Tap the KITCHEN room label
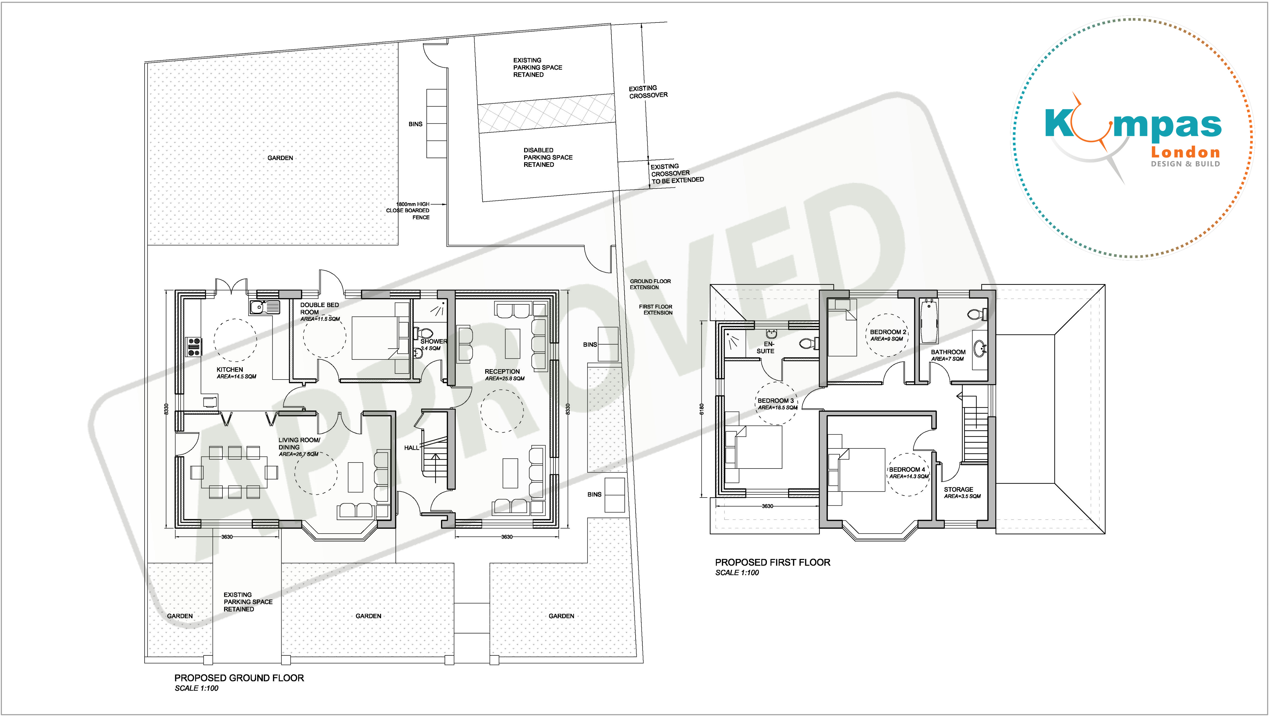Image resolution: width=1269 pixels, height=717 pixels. click(229, 369)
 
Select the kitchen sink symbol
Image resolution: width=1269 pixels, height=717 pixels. click(264, 307)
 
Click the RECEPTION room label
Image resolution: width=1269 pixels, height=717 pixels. click(502, 372)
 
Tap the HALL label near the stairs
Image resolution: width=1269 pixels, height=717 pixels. click(411, 448)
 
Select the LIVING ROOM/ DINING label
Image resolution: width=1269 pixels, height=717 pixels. click(299, 444)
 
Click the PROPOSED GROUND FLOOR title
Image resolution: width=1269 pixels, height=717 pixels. click(239, 678)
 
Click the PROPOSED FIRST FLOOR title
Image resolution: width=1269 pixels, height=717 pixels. click(772, 562)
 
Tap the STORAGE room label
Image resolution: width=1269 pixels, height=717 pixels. click(958, 489)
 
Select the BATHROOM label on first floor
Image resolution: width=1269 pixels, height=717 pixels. click(948, 352)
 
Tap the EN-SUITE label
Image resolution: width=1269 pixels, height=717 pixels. click(766, 348)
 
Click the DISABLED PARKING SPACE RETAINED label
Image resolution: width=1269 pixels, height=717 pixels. click(548, 157)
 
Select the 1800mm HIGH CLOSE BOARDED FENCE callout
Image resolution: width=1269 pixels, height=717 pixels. click(408, 211)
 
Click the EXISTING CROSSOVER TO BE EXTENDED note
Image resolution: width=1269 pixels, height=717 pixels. click(677, 173)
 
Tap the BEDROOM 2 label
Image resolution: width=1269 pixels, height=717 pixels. click(888, 332)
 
